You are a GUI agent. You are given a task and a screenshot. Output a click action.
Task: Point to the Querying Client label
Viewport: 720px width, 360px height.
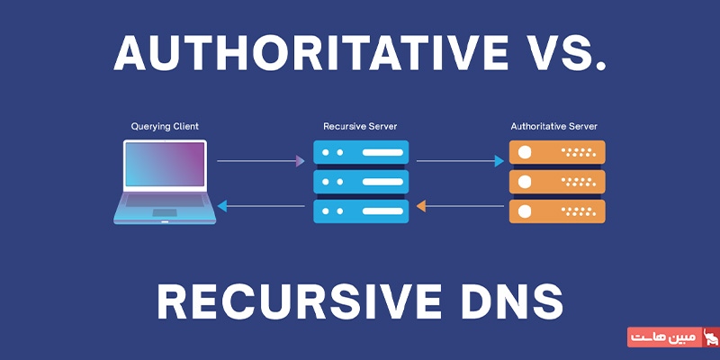pos(165,126)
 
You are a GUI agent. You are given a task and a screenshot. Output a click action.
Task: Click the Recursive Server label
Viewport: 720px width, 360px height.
pos(361,126)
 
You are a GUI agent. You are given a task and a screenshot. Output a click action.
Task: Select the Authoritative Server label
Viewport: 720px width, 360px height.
pos(554,126)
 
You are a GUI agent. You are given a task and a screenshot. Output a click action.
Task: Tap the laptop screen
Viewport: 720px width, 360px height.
pos(165,165)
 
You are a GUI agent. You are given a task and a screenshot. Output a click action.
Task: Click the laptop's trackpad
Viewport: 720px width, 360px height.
pos(165,212)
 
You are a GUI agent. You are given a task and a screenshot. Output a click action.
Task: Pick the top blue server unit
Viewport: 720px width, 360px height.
pos(361,152)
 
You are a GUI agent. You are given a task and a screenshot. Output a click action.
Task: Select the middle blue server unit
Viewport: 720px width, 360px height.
pos(361,182)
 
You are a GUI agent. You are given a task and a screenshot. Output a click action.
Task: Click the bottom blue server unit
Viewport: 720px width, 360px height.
pos(361,211)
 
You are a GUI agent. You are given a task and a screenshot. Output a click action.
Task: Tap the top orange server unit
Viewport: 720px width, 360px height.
pos(557,152)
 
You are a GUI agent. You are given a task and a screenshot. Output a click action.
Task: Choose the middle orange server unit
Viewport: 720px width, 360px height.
pos(557,182)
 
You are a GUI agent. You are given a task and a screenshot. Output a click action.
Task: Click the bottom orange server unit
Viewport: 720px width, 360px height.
pos(557,211)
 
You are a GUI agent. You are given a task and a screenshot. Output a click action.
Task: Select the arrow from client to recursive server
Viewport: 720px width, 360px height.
pos(261,161)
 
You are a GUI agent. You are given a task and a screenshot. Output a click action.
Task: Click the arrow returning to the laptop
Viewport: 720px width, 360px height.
pos(261,206)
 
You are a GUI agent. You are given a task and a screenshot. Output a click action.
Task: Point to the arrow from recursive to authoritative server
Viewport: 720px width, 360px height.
pos(460,161)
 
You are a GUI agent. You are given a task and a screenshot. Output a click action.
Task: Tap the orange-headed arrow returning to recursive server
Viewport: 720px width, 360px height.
pos(460,206)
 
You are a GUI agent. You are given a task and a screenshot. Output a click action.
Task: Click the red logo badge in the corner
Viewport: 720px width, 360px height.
pos(673,337)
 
